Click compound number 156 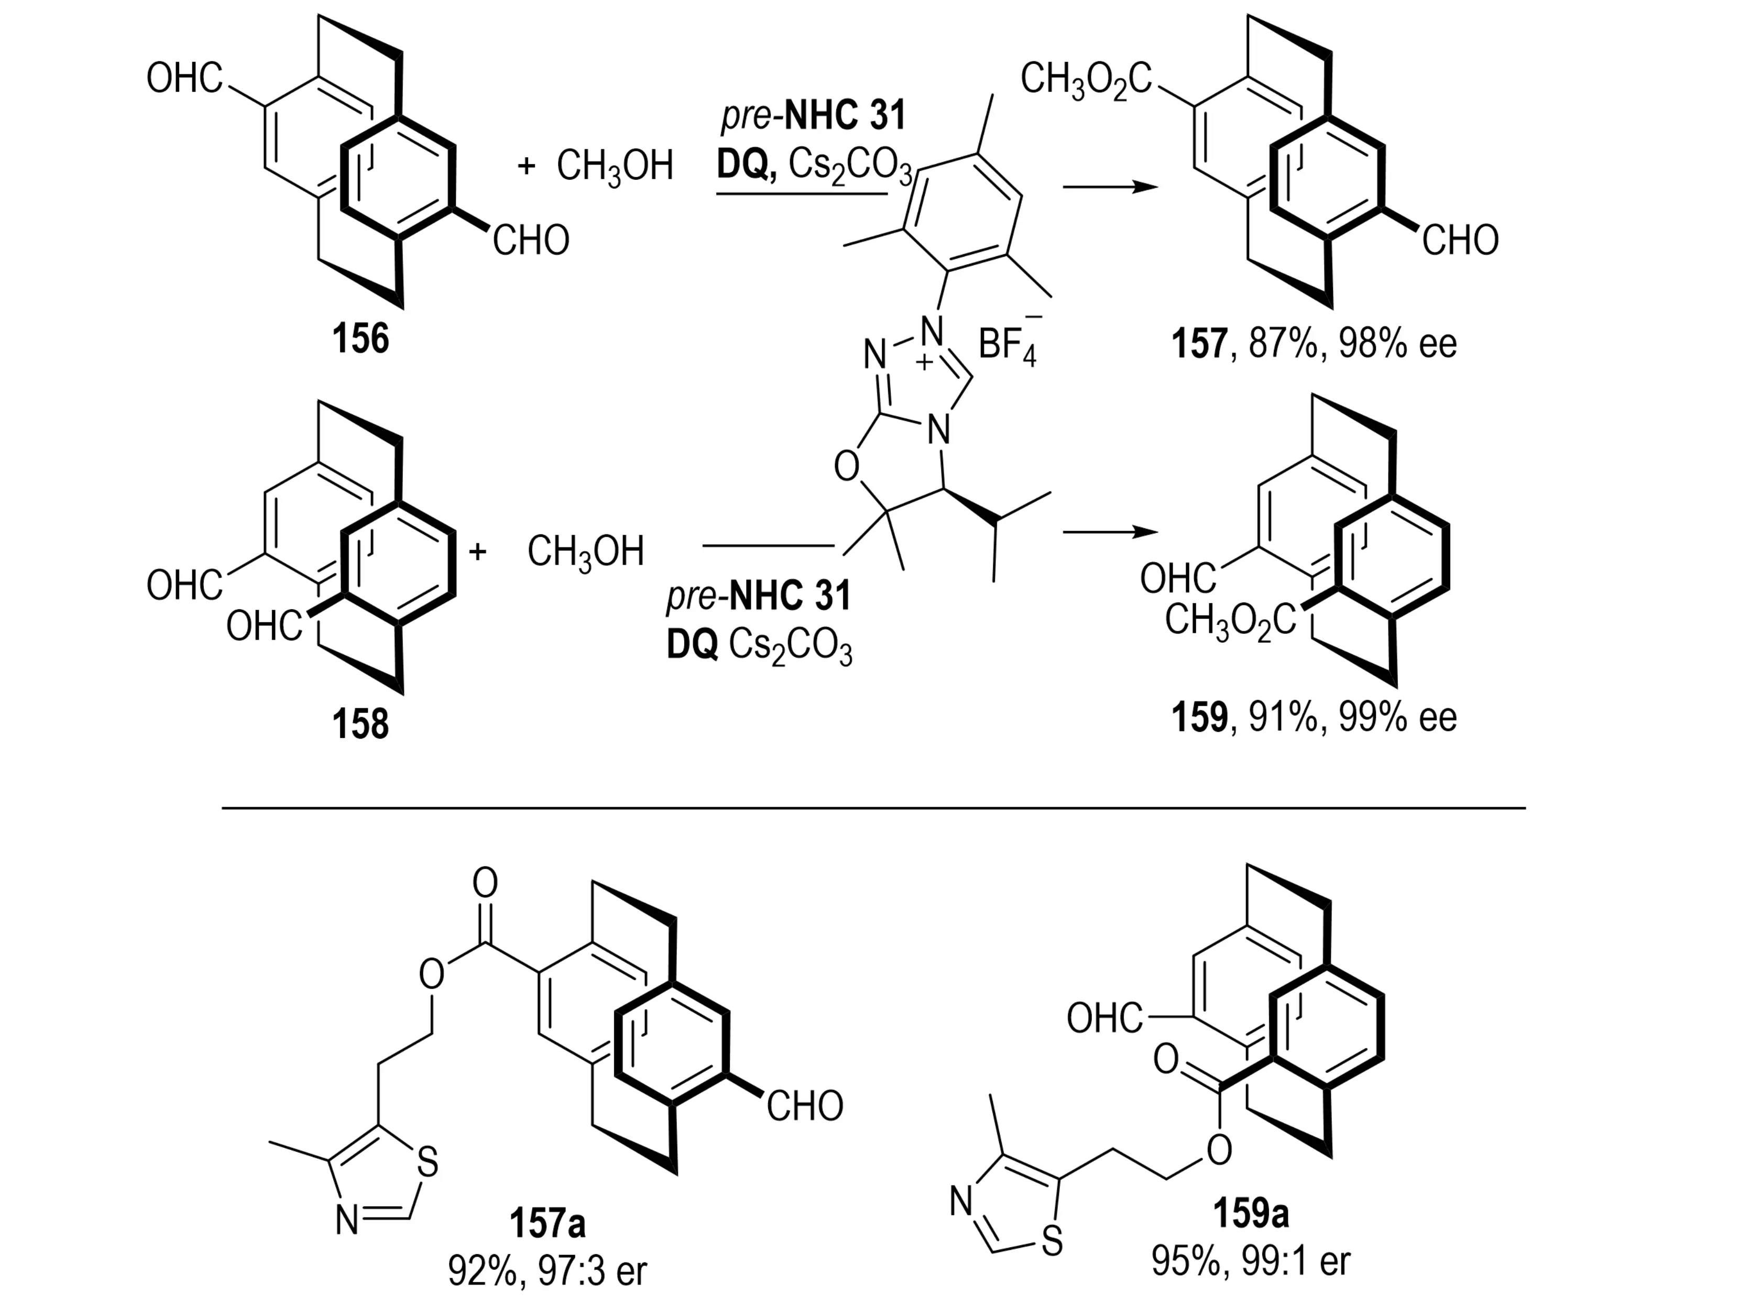[x=360, y=341]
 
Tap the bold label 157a [x=547, y=1225]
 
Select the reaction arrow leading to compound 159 [x=1104, y=532]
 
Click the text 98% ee [x=1397, y=345]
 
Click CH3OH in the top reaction [x=615, y=167]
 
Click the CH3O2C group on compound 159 [x=1230, y=621]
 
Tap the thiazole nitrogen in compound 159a [x=961, y=1202]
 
